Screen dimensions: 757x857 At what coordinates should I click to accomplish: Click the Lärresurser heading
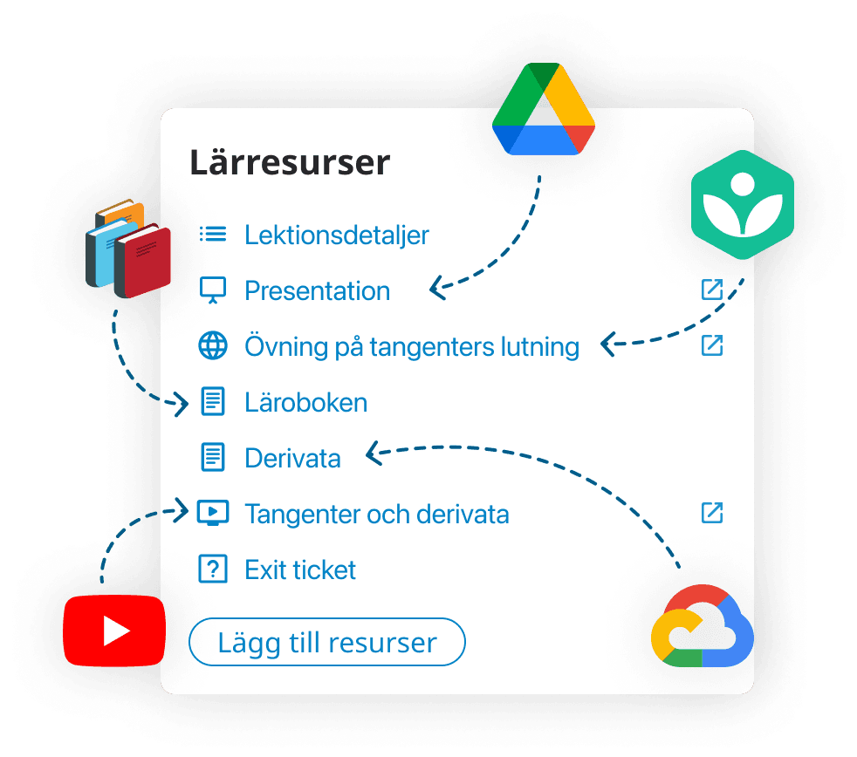click(290, 163)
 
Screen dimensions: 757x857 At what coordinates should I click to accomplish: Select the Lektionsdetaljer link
click(337, 235)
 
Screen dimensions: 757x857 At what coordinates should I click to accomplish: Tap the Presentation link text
click(317, 290)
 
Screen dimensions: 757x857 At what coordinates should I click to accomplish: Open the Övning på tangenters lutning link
click(412, 346)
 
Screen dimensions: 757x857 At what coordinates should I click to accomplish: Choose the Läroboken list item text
click(305, 402)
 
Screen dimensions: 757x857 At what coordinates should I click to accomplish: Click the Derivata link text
click(292, 458)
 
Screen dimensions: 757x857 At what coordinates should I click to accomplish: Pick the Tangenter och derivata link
click(376, 514)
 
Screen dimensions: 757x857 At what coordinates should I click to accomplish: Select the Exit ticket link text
click(300, 569)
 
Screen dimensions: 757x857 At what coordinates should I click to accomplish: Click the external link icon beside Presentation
click(712, 290)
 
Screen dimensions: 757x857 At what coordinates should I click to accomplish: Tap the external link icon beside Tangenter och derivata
click(712, 513)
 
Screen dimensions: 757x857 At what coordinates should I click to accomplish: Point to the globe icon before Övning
click(213, 346)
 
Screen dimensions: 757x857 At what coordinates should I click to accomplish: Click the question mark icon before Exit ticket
click(212, 569)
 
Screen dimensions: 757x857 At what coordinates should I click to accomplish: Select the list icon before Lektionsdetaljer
click(213, 234)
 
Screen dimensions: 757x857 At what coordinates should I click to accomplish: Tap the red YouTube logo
click(114, 630)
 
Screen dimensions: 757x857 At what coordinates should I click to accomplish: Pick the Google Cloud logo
click(702, 626)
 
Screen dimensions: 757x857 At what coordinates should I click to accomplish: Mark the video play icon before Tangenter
click(213, 513)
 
